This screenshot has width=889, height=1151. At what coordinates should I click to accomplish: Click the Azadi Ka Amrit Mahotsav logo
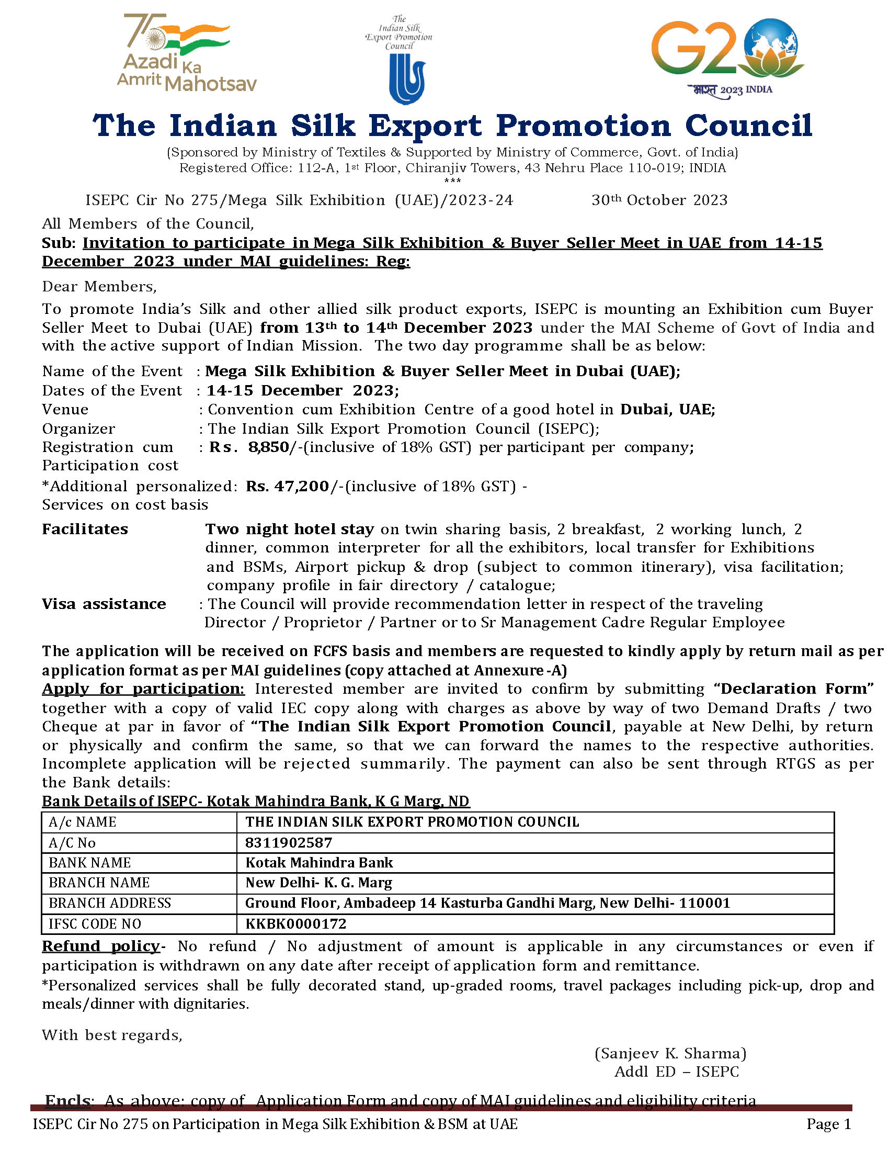(186, 53)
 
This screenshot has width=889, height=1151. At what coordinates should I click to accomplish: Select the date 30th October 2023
(659, 200)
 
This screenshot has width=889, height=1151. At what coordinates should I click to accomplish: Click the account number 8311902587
(289, 843)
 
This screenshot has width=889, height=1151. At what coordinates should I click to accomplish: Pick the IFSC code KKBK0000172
(295, 924)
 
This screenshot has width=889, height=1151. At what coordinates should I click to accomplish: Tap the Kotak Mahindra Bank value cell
(319, 863)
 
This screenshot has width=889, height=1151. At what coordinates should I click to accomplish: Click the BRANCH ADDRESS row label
(109, 904)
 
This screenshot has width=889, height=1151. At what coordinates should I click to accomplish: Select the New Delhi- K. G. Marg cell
(318, 883)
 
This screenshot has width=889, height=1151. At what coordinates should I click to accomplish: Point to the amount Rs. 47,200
(288, 486)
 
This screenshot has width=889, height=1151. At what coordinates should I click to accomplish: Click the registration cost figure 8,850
(269, 447)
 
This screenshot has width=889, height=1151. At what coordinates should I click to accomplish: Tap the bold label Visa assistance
(104, 604)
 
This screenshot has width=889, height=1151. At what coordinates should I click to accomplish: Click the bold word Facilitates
(85, 529)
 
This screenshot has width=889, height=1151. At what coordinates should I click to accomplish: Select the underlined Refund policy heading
(100, 946)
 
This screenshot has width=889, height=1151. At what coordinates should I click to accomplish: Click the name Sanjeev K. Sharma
(670, 1054)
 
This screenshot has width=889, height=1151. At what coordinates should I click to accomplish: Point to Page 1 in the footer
(828, 1124)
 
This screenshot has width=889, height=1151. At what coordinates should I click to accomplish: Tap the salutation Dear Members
(99, 287)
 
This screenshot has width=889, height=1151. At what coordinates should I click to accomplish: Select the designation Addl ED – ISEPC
(676, 1072)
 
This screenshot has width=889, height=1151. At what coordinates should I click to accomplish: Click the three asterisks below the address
(452, 181)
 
